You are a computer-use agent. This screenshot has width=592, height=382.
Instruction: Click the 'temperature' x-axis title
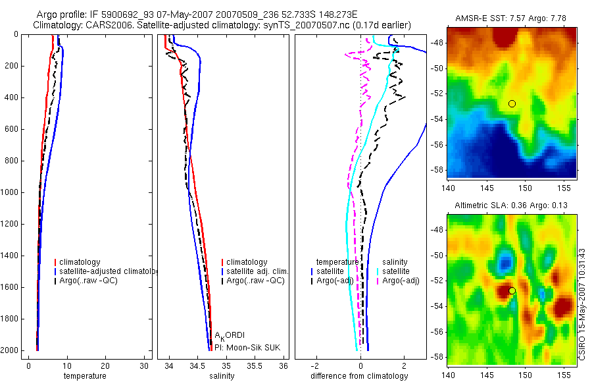click(84, 376)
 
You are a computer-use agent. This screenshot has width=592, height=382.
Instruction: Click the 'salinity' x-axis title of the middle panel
click(222, 376)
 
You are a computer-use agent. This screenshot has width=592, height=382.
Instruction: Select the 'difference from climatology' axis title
click(359, 376)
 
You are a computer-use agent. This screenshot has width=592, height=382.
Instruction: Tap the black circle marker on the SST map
click(512, 103)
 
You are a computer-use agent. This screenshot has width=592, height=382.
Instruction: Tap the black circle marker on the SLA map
click(512, 290)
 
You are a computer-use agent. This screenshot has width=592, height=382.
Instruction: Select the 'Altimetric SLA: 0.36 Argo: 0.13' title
click(512, 206)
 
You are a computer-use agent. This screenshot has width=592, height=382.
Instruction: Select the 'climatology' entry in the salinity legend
click(247, 262)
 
